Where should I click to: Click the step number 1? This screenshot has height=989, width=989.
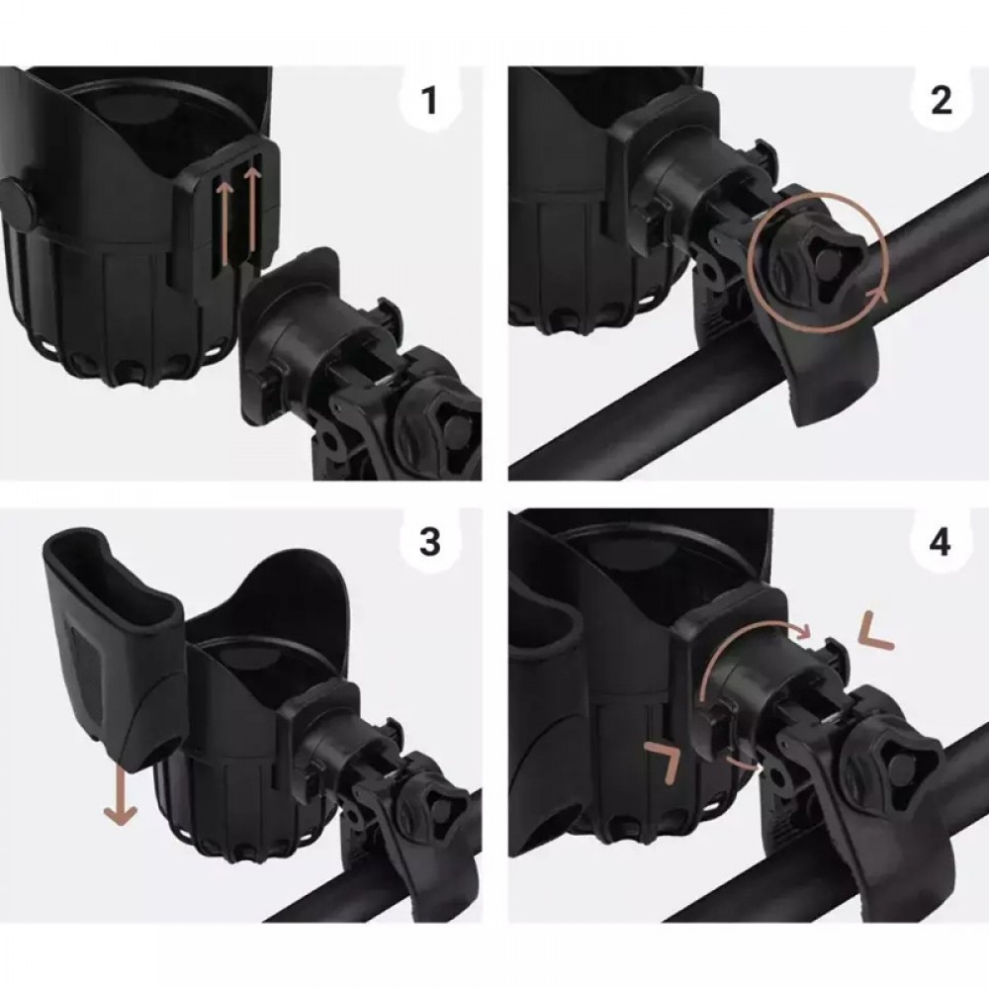(429, 100)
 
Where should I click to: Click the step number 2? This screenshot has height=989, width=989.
(941, 100)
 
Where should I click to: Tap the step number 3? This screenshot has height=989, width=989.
(429, 542)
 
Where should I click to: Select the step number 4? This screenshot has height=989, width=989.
(941, 542)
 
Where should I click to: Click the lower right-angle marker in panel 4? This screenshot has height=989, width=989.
(664, 761)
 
